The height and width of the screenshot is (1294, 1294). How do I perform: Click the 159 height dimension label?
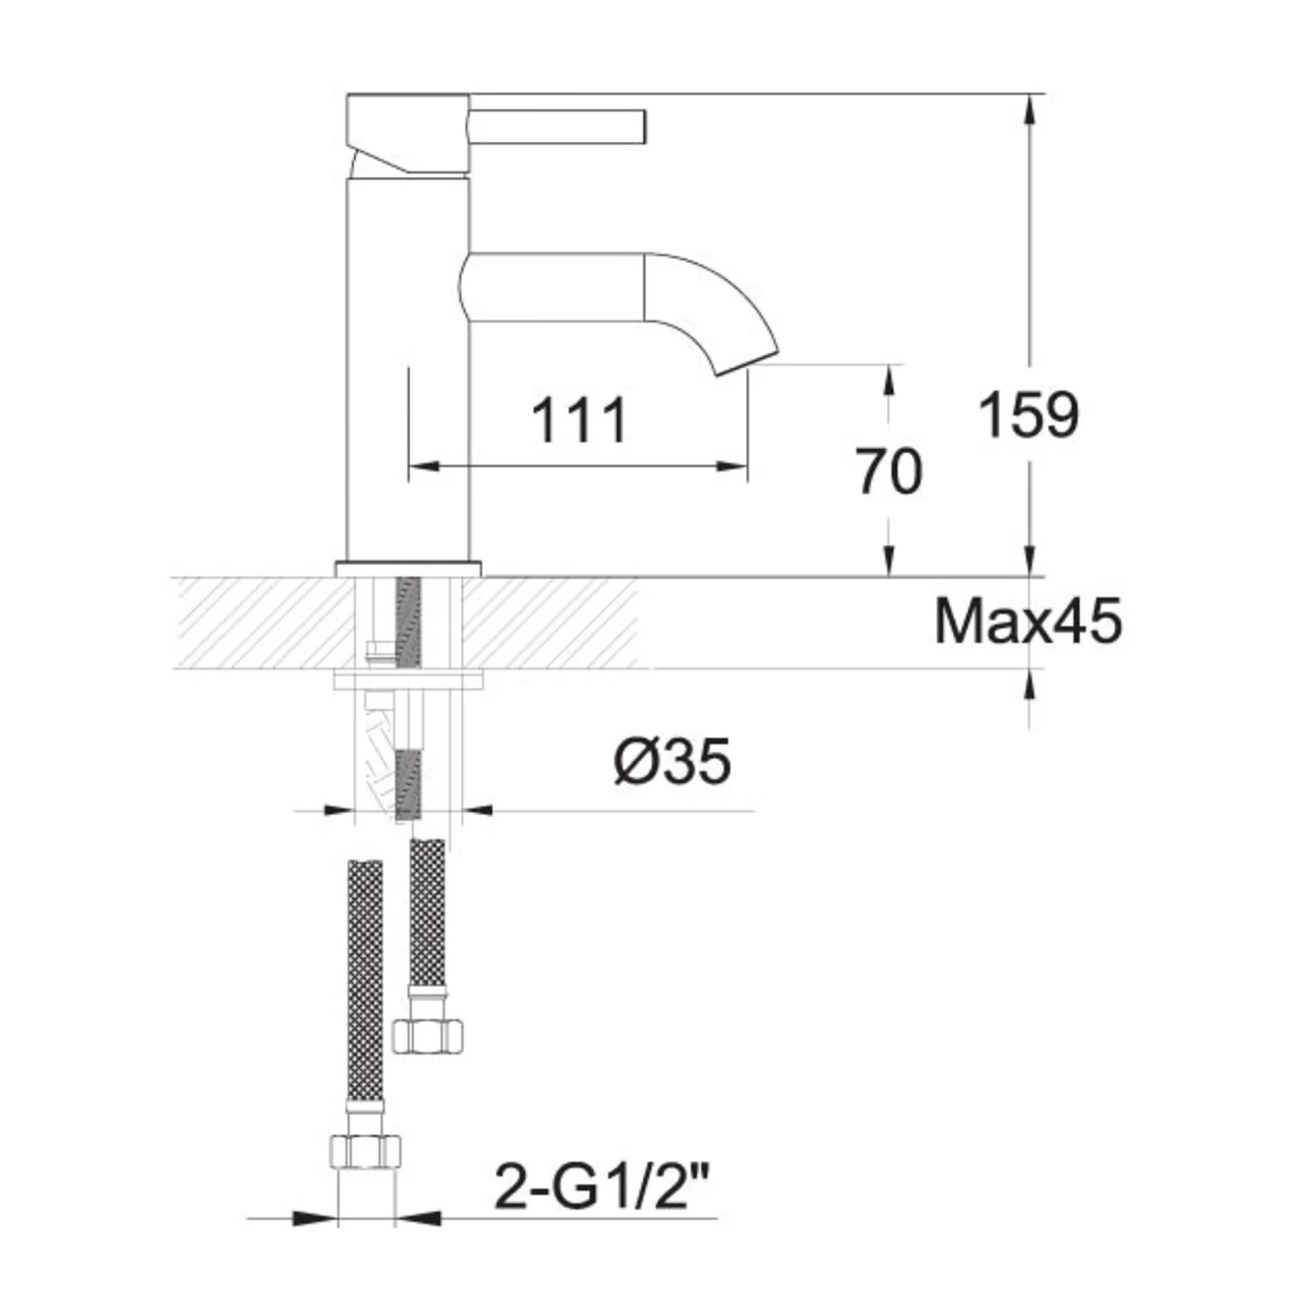tap(1027, 415)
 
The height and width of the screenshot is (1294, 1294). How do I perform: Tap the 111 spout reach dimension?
tap(579, 422)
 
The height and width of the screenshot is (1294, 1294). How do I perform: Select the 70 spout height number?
tap(889, 472)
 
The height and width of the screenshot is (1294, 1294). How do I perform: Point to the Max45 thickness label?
tap(1027, 621)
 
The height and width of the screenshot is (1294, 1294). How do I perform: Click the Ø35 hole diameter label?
tap(673, 762)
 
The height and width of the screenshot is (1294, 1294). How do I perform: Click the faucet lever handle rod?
tap(556, 125)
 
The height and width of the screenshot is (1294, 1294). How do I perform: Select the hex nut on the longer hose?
tap(366, 1151)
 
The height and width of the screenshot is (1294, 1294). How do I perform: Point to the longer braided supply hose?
tap(364, 983)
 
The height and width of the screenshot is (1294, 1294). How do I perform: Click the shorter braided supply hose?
tap(427, 914)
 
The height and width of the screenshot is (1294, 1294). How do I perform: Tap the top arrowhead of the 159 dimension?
tap(1029, 108)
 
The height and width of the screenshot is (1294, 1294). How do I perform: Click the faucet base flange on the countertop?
tap(408, 568)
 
